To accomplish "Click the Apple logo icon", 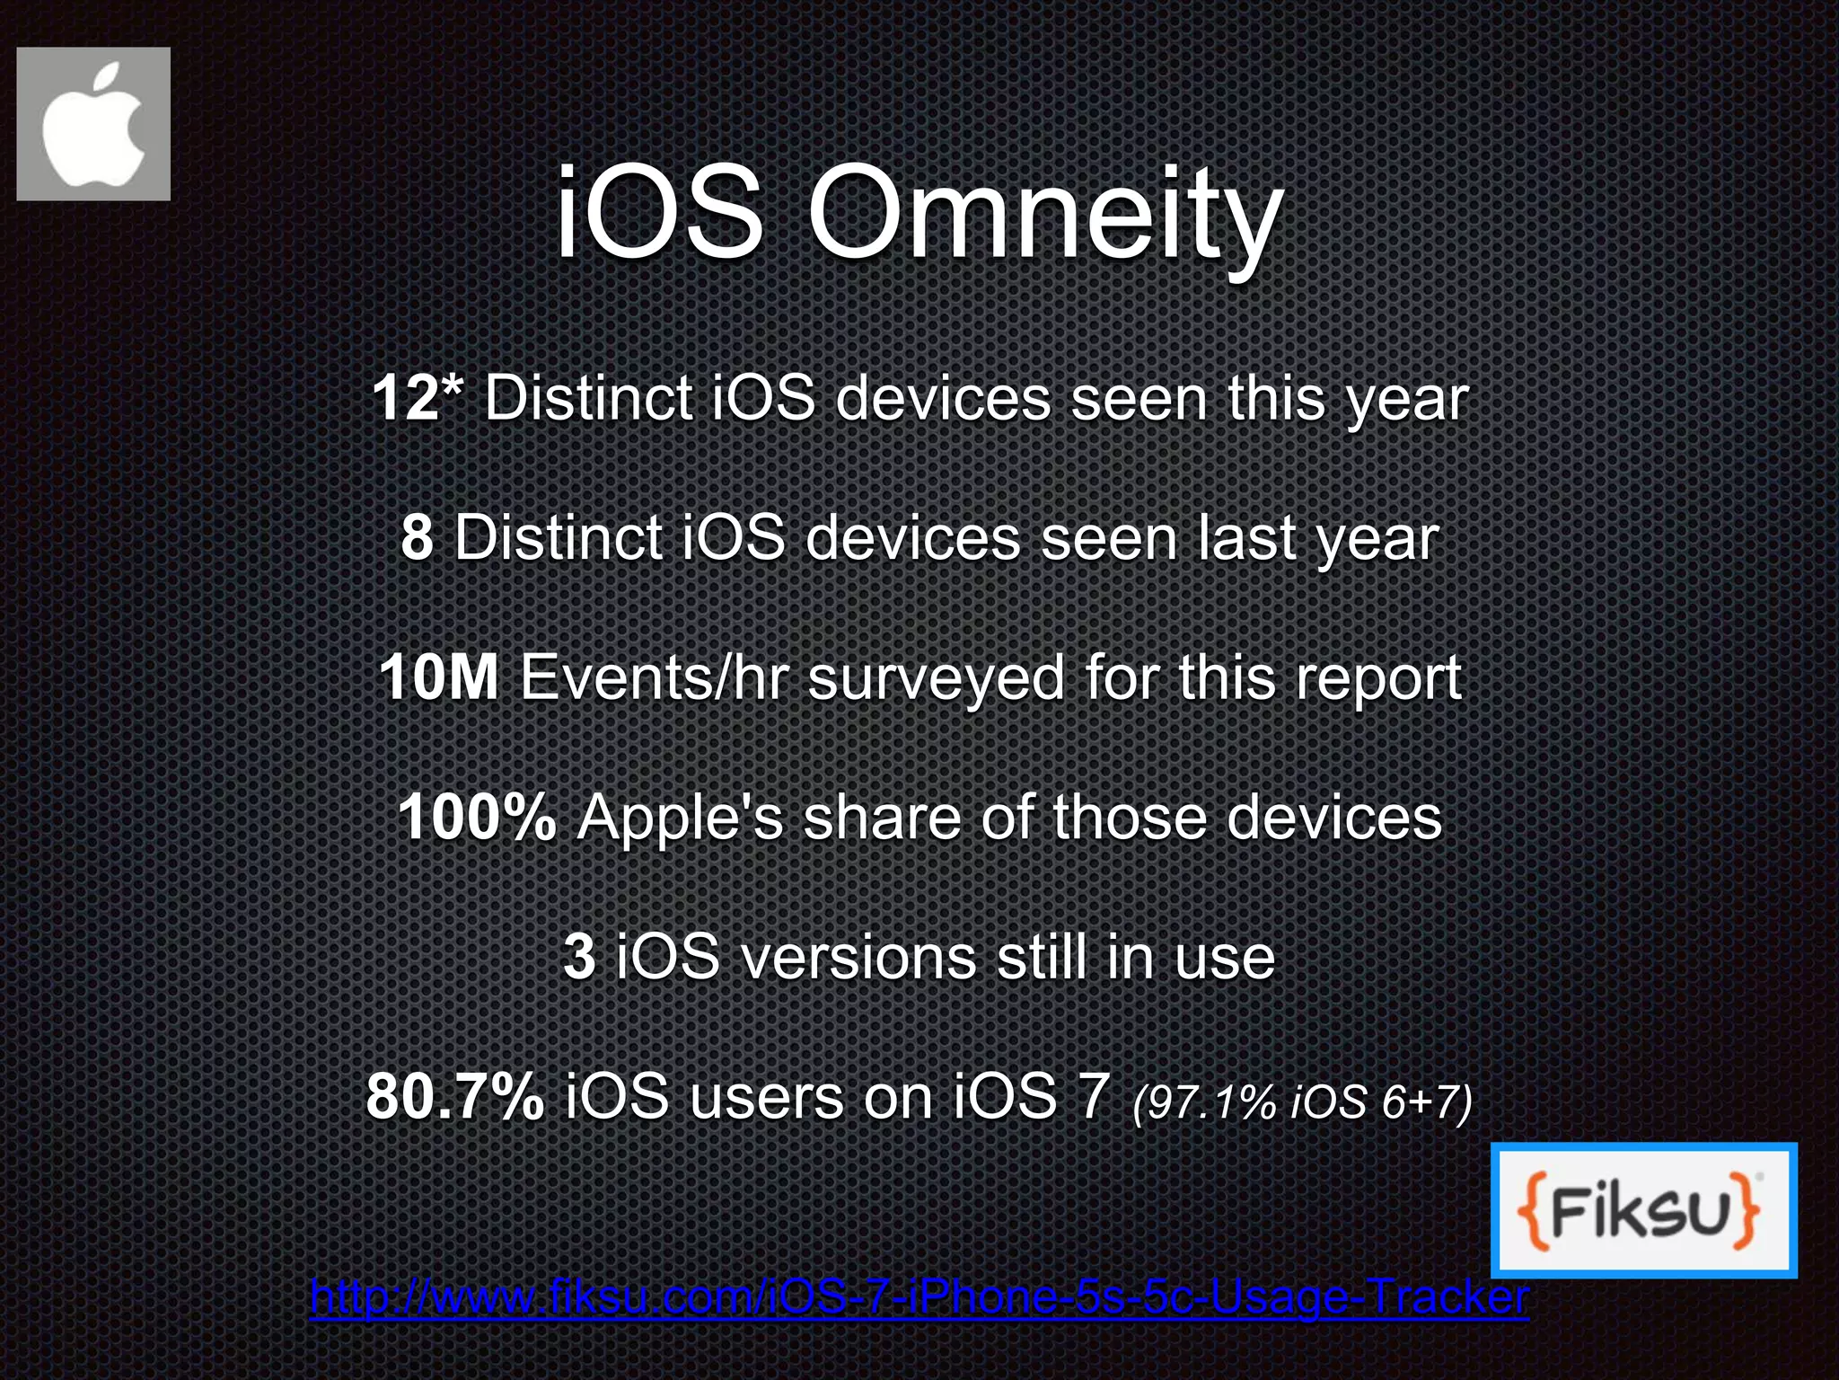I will point(93,124).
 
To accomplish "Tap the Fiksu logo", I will point(1643,1209).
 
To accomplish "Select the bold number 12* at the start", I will point(418,398).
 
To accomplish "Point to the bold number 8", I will point(418,537).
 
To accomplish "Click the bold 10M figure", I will point(438,677).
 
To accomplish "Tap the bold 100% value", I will point(477,818).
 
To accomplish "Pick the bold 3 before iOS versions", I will point(579,957).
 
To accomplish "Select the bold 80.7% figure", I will point(454,1097).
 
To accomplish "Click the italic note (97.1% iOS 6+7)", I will point(1302,1101).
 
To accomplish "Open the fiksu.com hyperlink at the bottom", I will point(919,1296).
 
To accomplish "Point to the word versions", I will point(859,957).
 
